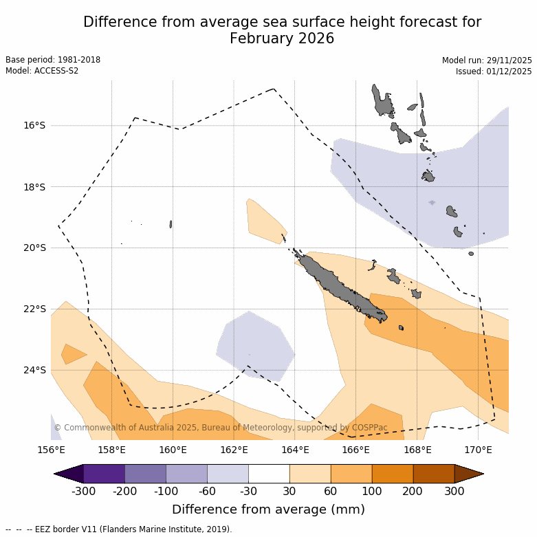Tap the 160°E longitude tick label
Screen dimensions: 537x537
[173, 450]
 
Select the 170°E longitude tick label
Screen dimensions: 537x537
[478, 450]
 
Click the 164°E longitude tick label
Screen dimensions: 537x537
[295, 450]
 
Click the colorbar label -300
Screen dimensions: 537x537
[83, 491]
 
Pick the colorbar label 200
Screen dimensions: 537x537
[413, 491]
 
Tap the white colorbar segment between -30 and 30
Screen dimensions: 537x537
[269, 474]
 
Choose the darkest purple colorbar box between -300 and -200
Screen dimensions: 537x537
[104, 474]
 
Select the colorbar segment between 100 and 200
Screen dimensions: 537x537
[393, 474]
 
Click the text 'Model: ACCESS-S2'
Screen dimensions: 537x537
[42, 71]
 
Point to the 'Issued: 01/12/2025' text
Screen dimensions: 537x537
[494, 72]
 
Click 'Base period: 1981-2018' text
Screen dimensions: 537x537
[53, 60]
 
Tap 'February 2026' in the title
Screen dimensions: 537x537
[282, 39]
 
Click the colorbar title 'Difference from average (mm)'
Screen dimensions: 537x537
[268, 509]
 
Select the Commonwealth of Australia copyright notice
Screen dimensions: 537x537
[220, 428]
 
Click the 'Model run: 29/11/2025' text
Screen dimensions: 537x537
[487, 61]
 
